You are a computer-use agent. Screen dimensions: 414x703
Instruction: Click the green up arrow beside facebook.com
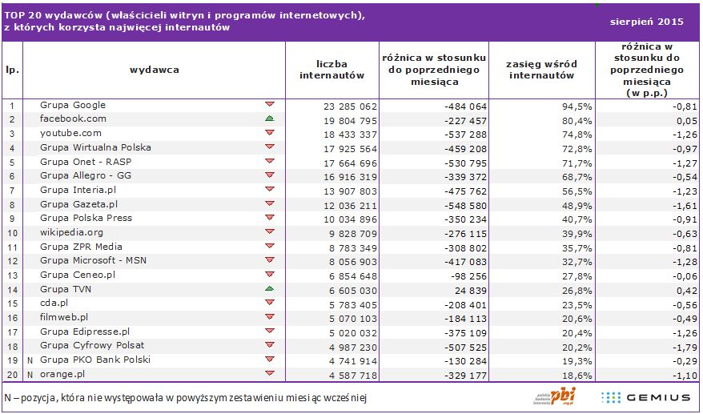coord(270,119)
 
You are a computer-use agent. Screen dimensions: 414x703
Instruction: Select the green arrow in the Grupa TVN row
coord(270,288)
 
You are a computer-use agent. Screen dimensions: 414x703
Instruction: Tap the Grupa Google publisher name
coord(73,105)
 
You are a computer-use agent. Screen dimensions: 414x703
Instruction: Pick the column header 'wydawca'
coord(155,69)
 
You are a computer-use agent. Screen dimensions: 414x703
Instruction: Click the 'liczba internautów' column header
coord(332,70)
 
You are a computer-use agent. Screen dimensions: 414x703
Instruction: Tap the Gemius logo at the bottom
coord(645,397)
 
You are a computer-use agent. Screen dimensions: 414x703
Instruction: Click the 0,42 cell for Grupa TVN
coord(680,289)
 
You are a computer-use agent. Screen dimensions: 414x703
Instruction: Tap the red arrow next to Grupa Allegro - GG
coord(270,175)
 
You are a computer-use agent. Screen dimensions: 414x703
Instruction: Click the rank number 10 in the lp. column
coord(12,232)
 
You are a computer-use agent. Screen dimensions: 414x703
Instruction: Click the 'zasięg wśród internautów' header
coord(542,70)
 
